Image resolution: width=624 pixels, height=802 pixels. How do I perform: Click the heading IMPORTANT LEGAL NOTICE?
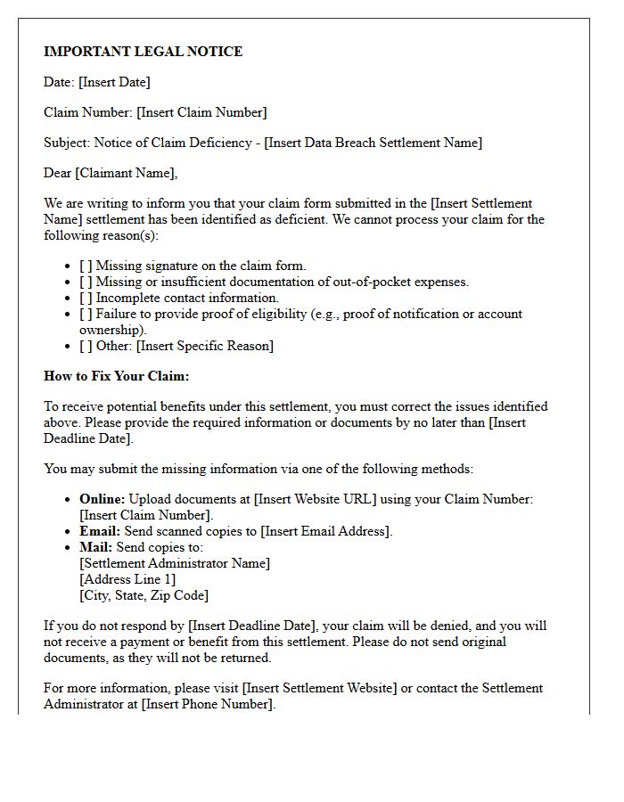click(x=143, y=52)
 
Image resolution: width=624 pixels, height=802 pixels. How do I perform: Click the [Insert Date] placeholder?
click(x=114, y=82)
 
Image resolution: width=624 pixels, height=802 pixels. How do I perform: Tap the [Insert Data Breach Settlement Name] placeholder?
click(x=373, y=143)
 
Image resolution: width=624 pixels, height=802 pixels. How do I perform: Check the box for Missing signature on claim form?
click(x=86, y=266)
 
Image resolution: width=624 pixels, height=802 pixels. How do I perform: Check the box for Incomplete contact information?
click(x=86, y=298)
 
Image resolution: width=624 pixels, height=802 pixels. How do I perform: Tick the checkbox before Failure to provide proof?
click(x=86, y=314)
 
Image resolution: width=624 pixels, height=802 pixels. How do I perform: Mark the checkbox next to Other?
click(x=86, y=346)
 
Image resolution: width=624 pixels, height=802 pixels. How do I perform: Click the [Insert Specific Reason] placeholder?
click(x=205, y=346)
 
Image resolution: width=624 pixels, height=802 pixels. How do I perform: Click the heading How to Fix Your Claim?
click(x=116, y=376)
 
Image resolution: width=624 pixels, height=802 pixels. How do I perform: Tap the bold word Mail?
click(x=95, y=547)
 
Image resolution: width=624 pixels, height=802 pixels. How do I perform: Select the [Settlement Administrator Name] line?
click(x=175, y=563)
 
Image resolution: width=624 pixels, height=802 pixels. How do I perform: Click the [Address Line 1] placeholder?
click(x=127, y=579)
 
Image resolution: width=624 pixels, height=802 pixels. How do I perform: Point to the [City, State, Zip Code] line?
click(x=144, y=595)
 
